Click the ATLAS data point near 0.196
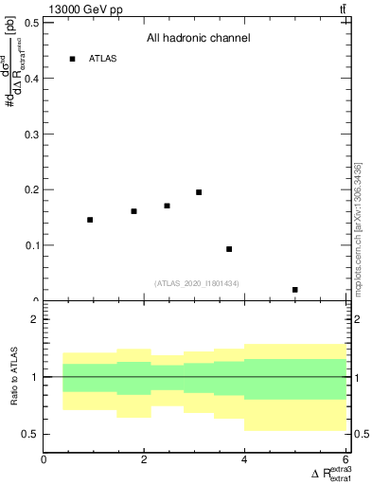(199, 192)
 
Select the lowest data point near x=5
(295, 290)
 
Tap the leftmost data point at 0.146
(90, 220)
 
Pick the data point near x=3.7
(229, 249)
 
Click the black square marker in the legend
(72, 59)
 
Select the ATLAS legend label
(103, 59)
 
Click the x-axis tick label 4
(244, 459)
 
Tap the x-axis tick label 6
(345, 459)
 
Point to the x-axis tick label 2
(144, 459)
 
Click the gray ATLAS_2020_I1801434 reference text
(198, 283)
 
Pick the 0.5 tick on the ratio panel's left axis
(32, 434)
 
